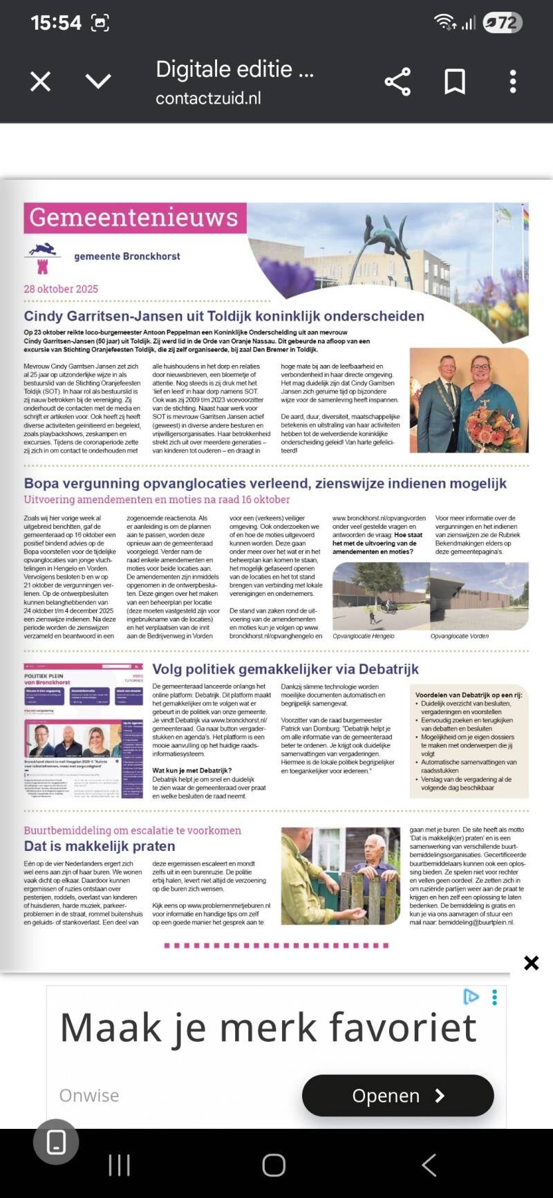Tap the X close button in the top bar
coord(41,82)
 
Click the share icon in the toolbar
coord(397,82)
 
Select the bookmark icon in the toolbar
coord(455,82)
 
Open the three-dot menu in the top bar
coord(513,82)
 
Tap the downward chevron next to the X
coord(98,82)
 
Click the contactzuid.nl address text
coord(208,98)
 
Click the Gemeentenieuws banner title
coord(133,218)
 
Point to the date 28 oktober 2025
coord(61,289)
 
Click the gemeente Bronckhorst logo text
coord(127,256)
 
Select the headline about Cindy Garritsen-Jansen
coord(224,316)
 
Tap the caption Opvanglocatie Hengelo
coord(363,636)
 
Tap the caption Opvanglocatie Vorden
coord(459,636)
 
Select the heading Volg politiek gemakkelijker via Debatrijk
coord(285,669)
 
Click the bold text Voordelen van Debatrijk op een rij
coord(468,695)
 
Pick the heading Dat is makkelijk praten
coord(100,846)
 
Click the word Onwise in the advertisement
coord(89,1096)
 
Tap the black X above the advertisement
coord(531,963)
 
